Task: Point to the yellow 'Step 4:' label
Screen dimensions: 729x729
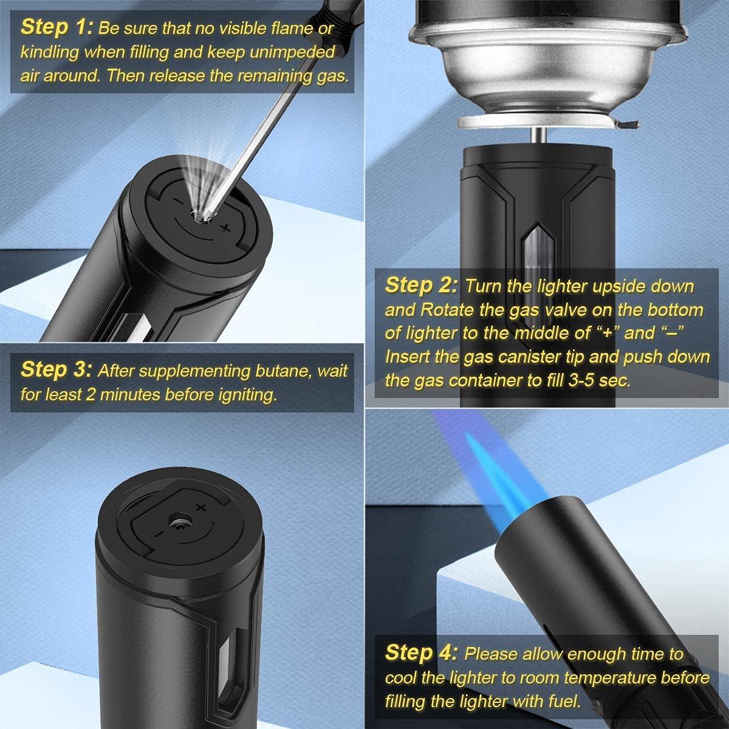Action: (420, 653)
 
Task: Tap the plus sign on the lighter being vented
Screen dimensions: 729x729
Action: (225, 228)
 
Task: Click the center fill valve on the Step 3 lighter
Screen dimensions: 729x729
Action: (180, 521)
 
